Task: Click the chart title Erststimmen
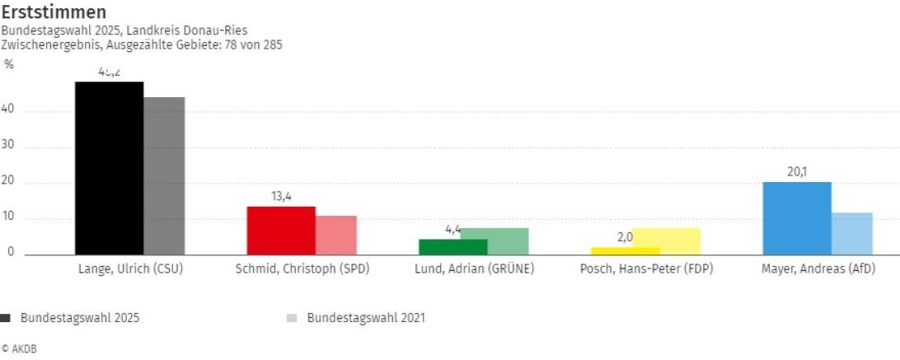tap(54, 12)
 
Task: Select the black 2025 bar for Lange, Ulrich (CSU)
tap(109, 168)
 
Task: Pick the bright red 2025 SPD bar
tap(281, 231)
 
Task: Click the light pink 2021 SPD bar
tap(336, 236)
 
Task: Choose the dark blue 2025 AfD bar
tap(797, 218)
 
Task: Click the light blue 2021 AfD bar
tap(852, 234)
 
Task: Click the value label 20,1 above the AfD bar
tap(797, 172)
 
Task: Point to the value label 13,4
tap(281, 196)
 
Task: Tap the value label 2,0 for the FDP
tap(624, 237)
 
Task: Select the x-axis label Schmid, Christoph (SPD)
tap(302, 269)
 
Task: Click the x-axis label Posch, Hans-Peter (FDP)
tap(645, 269)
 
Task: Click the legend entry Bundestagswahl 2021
tap(365, 317)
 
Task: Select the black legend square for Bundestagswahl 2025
tap(6, 318)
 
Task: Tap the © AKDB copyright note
tap(19, 348)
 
